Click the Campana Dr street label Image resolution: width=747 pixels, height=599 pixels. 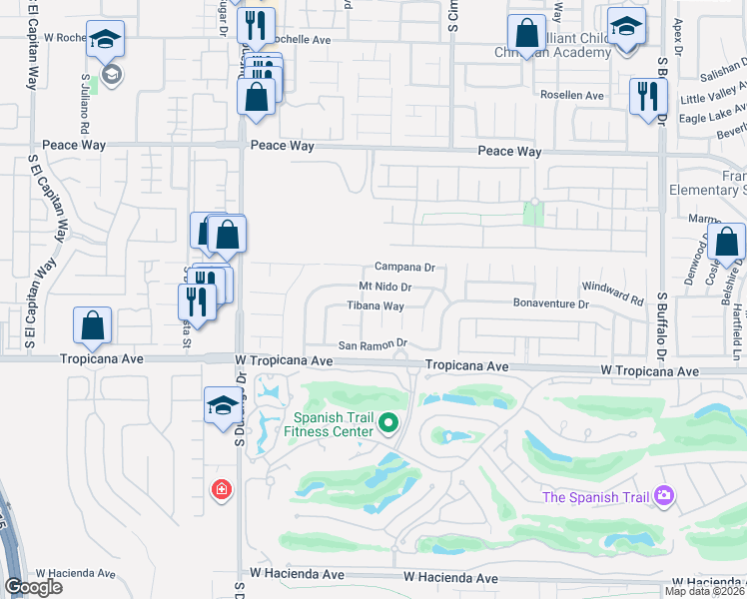[x=404, y=268]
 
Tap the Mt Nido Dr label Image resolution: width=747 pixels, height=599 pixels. [x=385, y=288]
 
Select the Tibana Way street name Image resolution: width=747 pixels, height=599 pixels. [x=375, y=306]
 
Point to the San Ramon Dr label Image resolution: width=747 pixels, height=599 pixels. [x=373, y=344]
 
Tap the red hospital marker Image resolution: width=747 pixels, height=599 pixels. [x=221, y=490]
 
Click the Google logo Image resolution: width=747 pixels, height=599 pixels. [x=33, y=587]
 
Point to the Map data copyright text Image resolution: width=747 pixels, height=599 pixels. [x=705, y=591]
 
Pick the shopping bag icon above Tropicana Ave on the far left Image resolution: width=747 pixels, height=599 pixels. [x=92, y=324]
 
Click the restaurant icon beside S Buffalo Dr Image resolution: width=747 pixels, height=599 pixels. [x=648, y=96]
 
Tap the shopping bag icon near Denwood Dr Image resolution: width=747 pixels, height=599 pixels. [x=727, y=242]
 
